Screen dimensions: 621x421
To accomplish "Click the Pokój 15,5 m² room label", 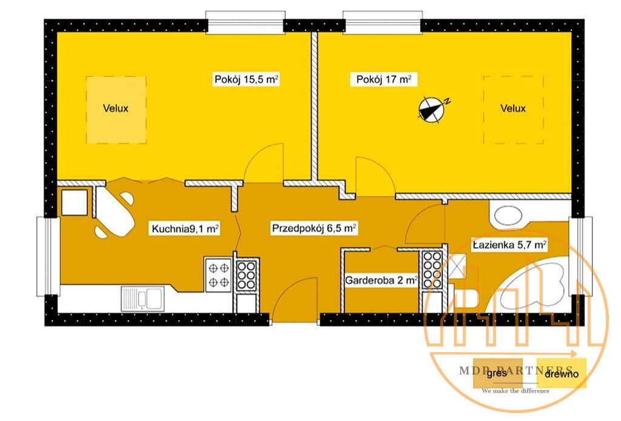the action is point(246,79).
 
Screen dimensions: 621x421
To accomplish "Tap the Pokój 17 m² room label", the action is point(384,79).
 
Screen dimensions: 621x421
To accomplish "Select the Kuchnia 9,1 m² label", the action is point(185,229).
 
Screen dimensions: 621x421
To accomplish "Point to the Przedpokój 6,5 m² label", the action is point(314,228).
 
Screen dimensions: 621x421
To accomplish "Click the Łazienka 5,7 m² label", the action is point(510,245).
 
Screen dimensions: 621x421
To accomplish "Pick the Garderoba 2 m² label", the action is point(381,280).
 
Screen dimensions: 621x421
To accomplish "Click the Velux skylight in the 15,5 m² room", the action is point(116,110).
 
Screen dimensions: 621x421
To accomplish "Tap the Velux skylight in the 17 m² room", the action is point(513,110).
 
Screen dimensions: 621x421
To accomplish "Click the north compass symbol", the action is point(433,108).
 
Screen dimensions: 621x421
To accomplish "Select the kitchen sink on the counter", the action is point(142,299).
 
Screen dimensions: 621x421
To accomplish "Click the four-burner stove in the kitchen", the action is point(218,274).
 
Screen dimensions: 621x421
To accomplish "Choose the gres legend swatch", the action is point(497,373).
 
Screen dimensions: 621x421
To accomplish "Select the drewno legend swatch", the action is point(561,373).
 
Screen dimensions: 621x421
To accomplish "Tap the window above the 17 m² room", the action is point(383,21).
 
